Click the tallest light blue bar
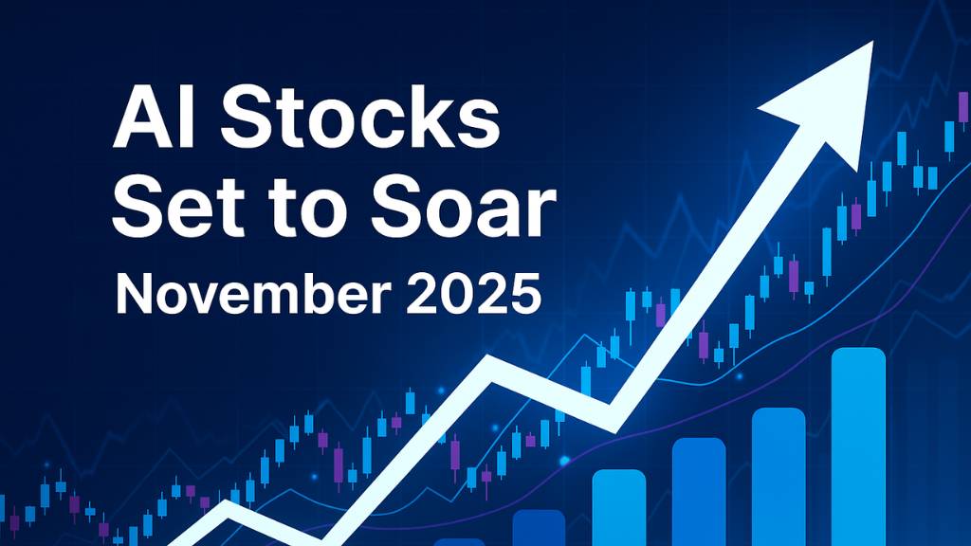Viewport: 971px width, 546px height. pyautogui.click(x=857, y=446)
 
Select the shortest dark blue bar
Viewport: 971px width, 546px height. pyautogui.click(x=538, y=527)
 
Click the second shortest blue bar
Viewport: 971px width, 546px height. pyautogui.click(x=618, y=507)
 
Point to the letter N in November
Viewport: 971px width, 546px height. pyautogui.click(x=131, y=295)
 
